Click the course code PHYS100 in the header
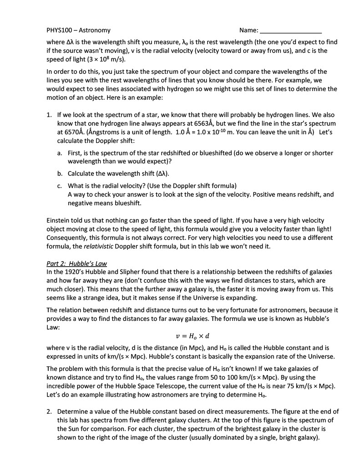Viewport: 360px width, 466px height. click(x=60, y=30)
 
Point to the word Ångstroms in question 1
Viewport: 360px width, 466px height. click(x=100, y=132)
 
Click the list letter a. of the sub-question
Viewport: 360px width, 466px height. click(x=60, y=153)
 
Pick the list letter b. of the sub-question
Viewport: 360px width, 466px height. click(x=60, y=173)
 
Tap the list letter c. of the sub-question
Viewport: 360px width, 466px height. click(x=60, y=186)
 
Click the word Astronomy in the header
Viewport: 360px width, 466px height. click(x=94, y=30)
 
